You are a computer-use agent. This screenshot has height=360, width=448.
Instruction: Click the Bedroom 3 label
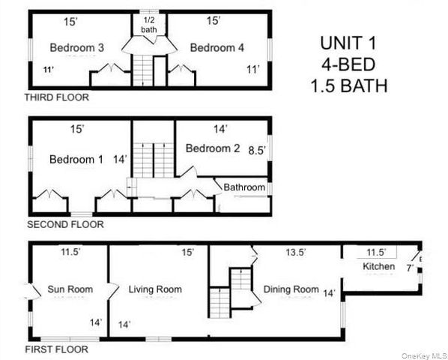[77, 48]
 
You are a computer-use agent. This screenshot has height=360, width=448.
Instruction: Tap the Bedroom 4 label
[217, 48]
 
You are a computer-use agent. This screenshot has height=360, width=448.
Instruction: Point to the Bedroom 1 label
[76, 160]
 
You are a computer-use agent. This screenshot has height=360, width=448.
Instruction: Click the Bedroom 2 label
[213, 148]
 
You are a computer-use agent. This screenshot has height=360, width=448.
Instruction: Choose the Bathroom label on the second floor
[244, 187]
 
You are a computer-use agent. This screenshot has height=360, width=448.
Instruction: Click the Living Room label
[156, 289]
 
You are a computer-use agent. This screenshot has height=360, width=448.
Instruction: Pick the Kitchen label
[379, 267]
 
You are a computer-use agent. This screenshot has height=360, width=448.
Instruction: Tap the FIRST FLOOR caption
[56, 349]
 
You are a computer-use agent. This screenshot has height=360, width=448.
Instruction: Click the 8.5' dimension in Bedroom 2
[257, 150]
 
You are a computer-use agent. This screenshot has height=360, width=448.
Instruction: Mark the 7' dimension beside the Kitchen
[410, 268]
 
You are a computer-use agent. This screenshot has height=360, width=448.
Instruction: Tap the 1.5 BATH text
[349, 85]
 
